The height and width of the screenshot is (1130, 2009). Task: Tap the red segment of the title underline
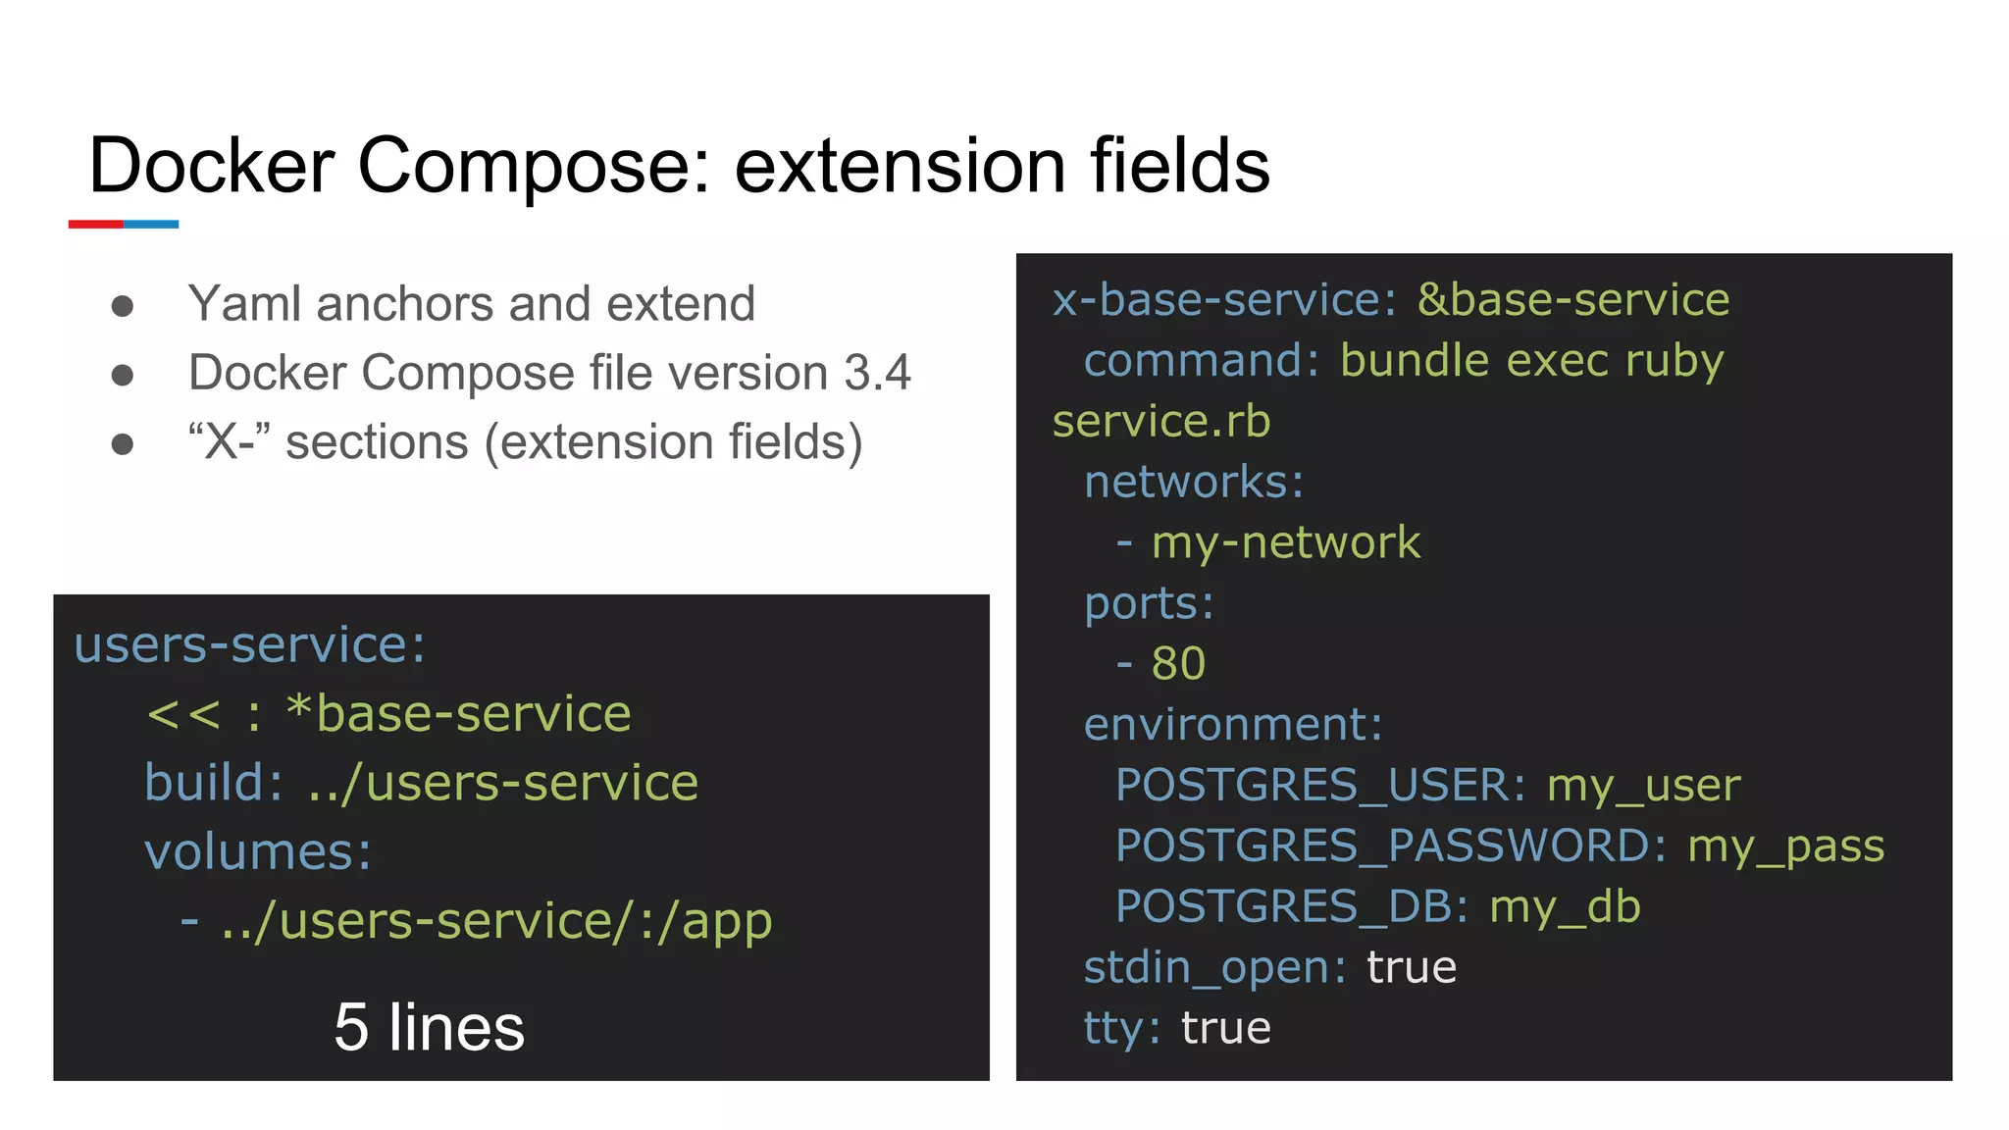(x=95, y=225)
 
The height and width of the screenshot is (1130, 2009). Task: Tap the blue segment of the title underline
(x=151, y=225)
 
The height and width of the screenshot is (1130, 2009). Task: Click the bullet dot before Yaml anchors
(x=123, y=306)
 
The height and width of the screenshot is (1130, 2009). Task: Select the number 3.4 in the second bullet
(x=877, y=373)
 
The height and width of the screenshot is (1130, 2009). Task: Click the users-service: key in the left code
(x=250, y=644)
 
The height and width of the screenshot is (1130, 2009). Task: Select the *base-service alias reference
(x=458, y=713)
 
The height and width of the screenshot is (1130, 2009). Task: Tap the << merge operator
(x=183, y=714)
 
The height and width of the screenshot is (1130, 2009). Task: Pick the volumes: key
(x=258, y=851)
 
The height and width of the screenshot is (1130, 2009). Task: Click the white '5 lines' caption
(x=429, y=1027)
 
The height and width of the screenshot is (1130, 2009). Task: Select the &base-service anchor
(x=1572, y=299)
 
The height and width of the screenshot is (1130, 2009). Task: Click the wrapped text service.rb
(x=1160, y=422)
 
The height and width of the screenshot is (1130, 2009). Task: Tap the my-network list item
(x=1285, y=542)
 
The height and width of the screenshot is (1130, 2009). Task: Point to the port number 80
(x=1178, y=664)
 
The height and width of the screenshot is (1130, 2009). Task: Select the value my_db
(x=1565, y=906)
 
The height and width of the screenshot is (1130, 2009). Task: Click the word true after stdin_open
(x=1411, y=967)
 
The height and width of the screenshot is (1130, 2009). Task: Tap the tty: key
(x=1121, y=1028)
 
